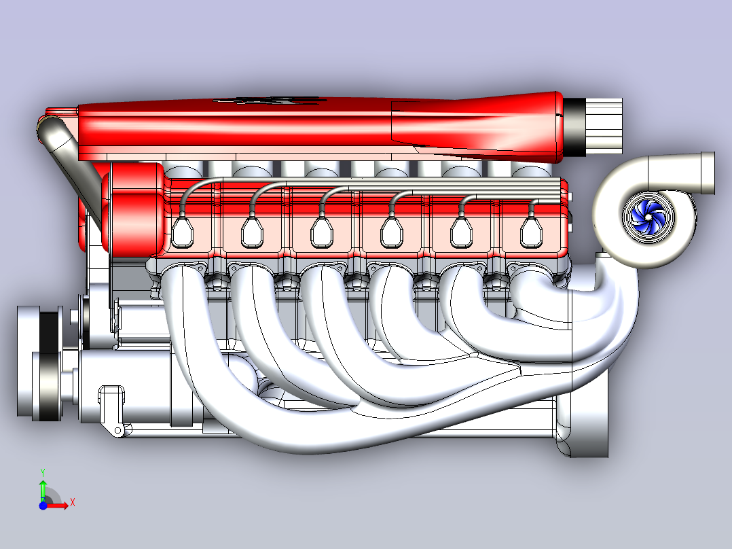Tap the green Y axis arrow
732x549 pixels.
coord(43,489)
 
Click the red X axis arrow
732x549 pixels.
coord(56,505)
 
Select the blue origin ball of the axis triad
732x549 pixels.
coord(43,506)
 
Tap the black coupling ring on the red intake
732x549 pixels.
coord(574,126)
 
